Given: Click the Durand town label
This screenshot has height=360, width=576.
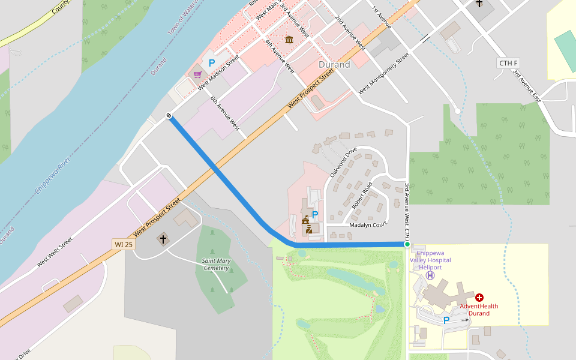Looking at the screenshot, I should (334, 65).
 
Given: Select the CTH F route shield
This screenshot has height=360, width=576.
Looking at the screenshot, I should (508, 63).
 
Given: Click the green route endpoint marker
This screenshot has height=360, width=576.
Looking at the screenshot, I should (407, 244).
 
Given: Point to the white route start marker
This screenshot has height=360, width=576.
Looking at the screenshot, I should (169, 116).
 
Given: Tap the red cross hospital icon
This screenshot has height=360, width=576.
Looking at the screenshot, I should (479, 298).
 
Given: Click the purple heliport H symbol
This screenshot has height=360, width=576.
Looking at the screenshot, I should (430, 275).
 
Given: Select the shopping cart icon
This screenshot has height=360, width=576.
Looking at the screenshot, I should (197, 74).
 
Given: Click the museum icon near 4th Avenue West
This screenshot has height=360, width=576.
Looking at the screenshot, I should (289, 40).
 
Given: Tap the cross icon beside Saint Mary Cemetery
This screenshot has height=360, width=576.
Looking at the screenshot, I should (162, 239).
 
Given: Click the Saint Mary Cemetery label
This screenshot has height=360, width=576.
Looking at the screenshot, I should (215, 264).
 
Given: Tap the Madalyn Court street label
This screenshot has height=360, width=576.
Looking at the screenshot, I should (368, 225).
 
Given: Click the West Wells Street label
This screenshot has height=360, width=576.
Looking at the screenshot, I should (55, 252).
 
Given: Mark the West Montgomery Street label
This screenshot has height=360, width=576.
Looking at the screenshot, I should (383, 73).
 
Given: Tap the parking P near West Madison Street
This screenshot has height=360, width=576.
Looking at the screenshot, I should (212, 63).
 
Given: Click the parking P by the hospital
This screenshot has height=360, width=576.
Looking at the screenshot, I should (446, 320).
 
